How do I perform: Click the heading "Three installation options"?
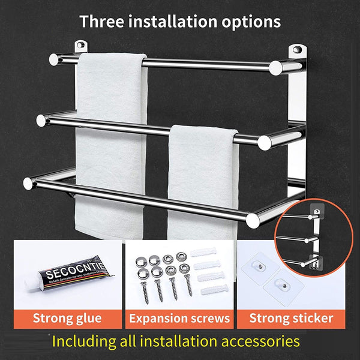180,21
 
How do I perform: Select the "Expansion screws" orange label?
179,318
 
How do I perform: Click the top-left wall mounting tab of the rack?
80,46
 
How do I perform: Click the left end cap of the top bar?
54,59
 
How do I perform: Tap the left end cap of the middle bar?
41,120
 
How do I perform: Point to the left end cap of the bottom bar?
28,181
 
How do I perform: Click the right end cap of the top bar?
277,67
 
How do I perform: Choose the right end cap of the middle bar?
265,142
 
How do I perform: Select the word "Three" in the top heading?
103,21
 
